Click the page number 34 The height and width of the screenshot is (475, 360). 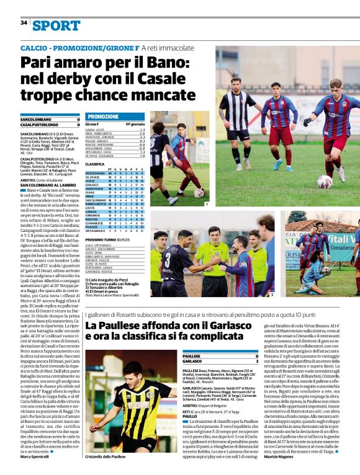coord(24,23)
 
